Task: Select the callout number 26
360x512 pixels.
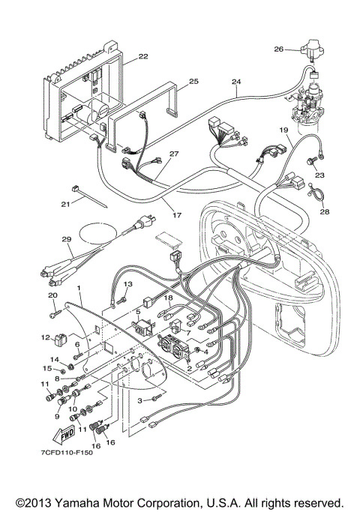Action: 278,50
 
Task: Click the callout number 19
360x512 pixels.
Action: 284,130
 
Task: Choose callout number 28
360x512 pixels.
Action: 324,212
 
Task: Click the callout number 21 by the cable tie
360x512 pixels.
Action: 66,202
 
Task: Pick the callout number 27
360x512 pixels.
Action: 174,154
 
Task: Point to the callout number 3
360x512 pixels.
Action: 139,401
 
